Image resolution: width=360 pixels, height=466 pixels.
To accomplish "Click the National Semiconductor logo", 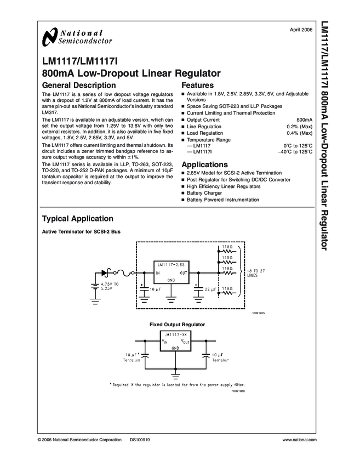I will click(77, 36).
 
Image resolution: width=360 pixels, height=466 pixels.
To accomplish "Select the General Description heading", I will click(79, 86).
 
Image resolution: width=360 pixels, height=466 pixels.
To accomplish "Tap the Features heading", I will click(197, 86).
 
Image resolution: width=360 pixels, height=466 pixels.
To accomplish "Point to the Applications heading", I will click(204, 164).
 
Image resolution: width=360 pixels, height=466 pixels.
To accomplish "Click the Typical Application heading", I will click(78, 218).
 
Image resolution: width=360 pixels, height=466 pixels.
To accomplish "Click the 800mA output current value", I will click(304, 120).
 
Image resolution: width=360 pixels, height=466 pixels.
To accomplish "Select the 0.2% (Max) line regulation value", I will click(299, 127).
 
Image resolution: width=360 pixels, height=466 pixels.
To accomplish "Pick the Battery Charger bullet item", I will click(204, 194).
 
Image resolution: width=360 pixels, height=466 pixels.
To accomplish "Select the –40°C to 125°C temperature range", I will click(295, 151).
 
